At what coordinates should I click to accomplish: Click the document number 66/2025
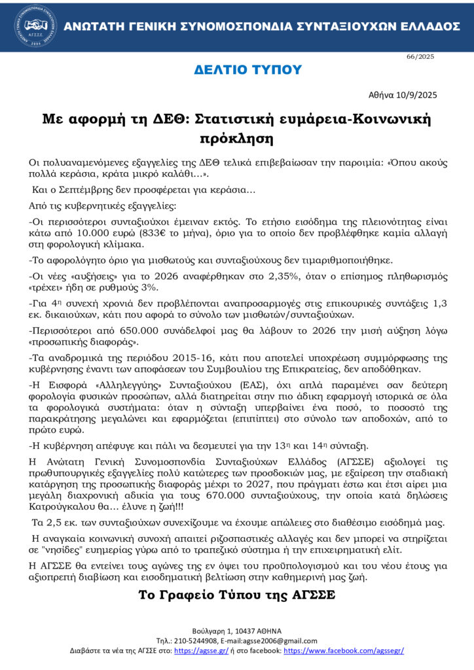[x=420, y=57]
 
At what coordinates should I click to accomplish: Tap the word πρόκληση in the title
[x=236, y=139]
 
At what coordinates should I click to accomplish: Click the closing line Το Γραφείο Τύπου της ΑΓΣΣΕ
[x=236, y=595]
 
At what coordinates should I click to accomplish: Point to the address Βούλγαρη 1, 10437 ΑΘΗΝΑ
[x=236, y=629]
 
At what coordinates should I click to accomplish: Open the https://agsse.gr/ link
[x=194, y=650]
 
